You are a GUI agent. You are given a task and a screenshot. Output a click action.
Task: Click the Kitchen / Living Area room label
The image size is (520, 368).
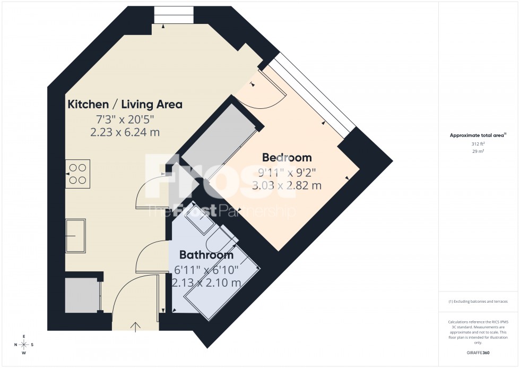click(x=125, y=104)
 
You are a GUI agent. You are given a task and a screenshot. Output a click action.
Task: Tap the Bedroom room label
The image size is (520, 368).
click(x=287, y=158)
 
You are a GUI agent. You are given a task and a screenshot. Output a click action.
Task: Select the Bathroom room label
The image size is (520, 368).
click(x=206, y=255)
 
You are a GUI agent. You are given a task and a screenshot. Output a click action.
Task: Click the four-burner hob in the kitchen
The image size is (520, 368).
click(x=77, y=174)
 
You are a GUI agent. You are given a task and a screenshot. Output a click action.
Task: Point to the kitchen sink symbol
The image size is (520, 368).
click(x=75, y=235)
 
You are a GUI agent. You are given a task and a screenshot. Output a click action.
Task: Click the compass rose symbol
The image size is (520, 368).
click(x=24, y=345)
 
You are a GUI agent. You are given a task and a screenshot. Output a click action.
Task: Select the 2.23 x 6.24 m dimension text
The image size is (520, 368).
click(x=125, y=132)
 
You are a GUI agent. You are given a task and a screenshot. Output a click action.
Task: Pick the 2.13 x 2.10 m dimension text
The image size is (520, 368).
click(x=206, y=283)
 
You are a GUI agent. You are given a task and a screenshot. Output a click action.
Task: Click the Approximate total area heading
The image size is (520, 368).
click(x=478, y=135)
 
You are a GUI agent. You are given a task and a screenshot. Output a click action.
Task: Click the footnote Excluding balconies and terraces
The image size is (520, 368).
click(x=478, y=302)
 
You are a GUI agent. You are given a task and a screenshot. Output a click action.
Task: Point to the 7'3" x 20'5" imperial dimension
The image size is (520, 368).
click(x=125, y=118)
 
